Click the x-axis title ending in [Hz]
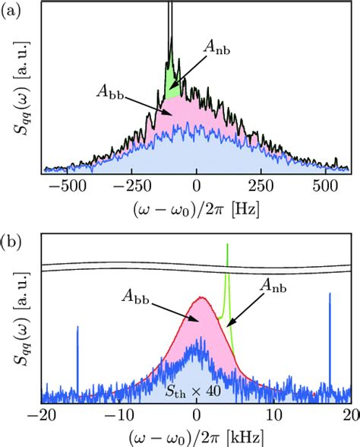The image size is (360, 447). coord(197,208)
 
